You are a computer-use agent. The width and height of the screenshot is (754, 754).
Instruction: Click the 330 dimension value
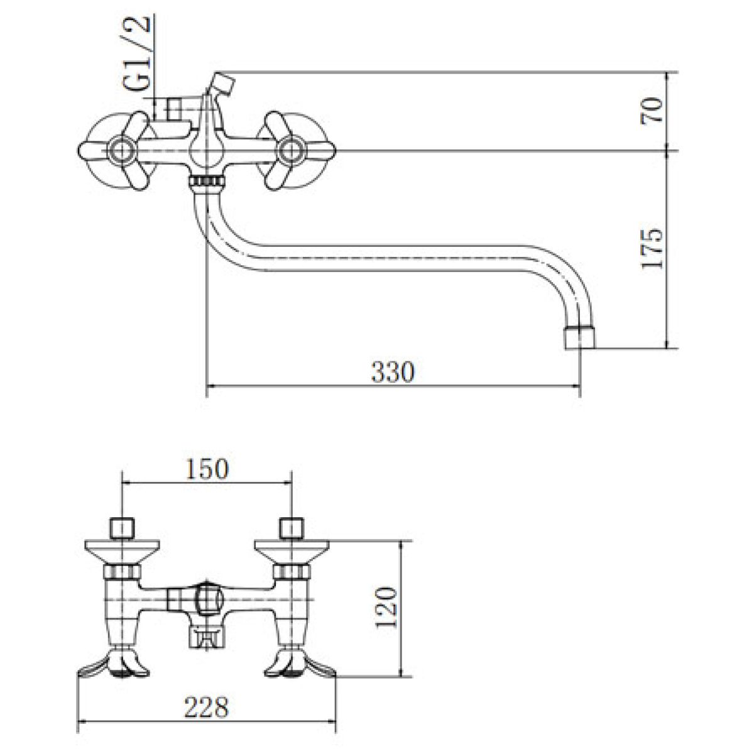393,371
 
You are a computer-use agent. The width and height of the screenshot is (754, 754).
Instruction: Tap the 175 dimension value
652,248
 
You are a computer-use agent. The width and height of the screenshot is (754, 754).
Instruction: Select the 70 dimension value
652,111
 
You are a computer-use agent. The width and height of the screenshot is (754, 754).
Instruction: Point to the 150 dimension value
207,469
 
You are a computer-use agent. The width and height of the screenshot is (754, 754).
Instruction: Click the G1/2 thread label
136,53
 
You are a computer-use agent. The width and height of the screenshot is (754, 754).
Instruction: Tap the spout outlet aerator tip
579,337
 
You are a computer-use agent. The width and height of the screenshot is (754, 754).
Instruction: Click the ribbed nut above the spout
207,182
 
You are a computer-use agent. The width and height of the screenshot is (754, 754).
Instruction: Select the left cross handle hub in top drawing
123,151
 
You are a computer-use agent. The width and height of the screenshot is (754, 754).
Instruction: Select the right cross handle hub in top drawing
291,151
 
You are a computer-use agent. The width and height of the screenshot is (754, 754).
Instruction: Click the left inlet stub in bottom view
123,528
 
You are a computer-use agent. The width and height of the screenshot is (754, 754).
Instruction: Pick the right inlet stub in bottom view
292,528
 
